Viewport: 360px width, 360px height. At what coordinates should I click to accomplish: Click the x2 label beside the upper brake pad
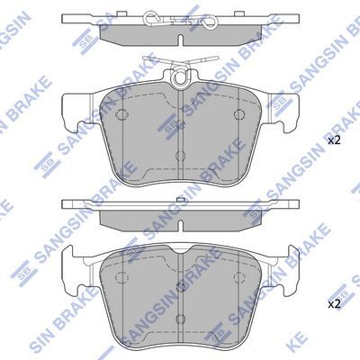(333, 140)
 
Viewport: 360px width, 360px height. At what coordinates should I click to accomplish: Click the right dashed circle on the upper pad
(238, 114)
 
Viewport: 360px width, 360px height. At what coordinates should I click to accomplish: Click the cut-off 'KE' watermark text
(346, 343)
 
